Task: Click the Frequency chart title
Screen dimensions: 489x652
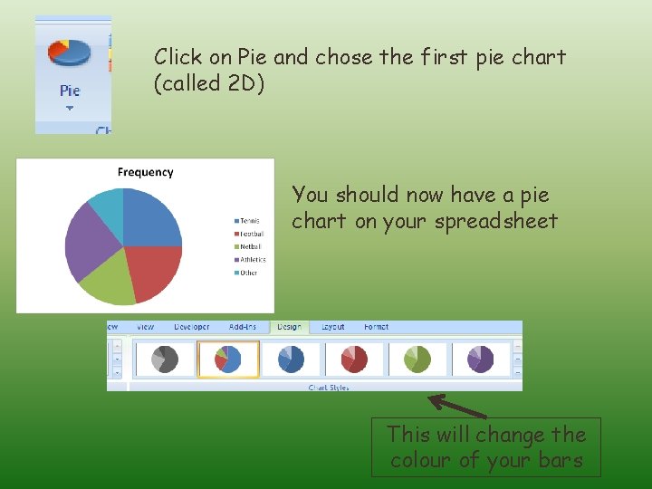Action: tap(145, 172)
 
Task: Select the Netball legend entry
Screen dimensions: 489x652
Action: tap(248, 246)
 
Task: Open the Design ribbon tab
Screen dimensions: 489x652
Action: tap(289, 327)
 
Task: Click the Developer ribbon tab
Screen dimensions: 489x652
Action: tap(191, 327)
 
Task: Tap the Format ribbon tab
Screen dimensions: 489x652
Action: tap(376, 327)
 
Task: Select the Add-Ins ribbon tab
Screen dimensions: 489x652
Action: tap(244, 327)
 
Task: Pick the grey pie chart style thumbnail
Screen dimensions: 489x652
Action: tap(164, 359)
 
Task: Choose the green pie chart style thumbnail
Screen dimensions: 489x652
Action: tap(417, 359)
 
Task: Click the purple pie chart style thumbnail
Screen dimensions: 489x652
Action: tap(480, 359)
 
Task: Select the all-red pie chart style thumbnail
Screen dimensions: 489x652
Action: tap(354, 359)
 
